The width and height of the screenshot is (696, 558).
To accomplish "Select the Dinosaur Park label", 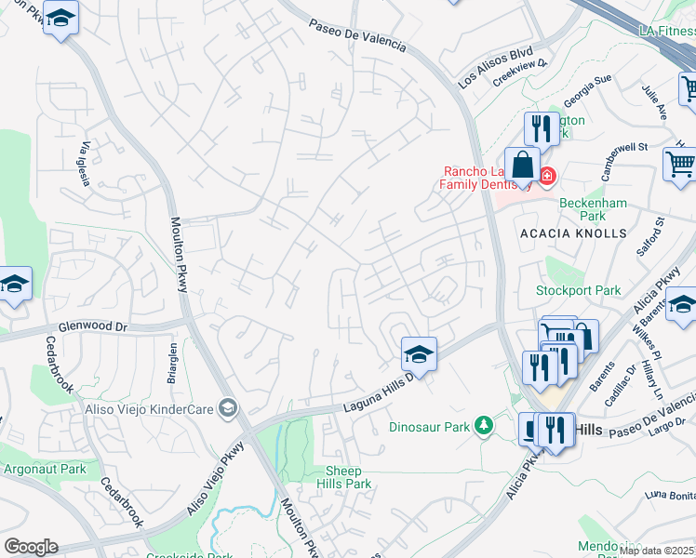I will coord(429,428).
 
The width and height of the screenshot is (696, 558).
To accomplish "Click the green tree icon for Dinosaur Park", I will coord(483,426).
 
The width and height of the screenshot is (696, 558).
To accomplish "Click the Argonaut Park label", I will coord(44,469).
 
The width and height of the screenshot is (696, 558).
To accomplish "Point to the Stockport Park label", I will coord(578,290).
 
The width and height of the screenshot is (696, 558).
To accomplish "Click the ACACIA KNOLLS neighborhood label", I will coord(573,232).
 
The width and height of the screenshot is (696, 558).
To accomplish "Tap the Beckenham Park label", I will coord(593,209).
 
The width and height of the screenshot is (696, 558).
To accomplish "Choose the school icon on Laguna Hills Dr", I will coord(419,354).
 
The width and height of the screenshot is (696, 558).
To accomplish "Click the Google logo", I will coord(31,547).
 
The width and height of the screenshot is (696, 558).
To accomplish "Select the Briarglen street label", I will coord(173,358).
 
